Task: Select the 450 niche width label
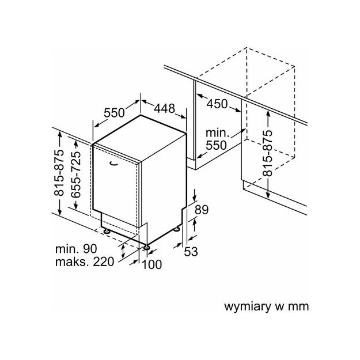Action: (x=216, y=104)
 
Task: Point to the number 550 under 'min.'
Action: (x=217, y=145)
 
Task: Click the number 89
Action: (x=200, y=210)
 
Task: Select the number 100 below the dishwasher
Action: (x=151, y=264)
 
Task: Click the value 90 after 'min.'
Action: (x=89, y=249)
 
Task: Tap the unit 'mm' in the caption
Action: (x=298, y=306)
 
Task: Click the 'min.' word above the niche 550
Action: (x=217, y=133)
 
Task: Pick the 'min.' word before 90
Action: (x=67, y=249)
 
